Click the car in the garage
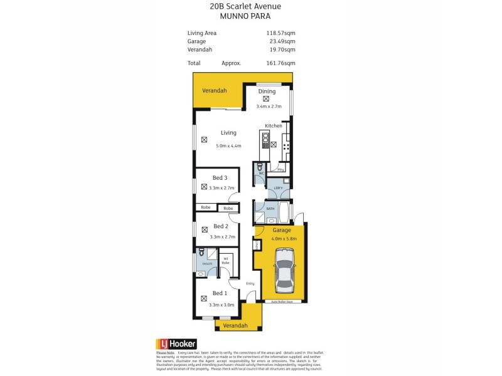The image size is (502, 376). [x=284, y=270]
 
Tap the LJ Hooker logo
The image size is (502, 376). [x=176, y=343]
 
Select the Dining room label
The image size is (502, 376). [x=266, y=91]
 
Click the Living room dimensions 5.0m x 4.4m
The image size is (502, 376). [x=228, y=146]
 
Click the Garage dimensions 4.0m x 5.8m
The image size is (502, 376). [x=284, y=238]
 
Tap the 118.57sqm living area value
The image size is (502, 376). [x=281, y=33]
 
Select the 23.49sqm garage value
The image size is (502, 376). [x=282, y=41]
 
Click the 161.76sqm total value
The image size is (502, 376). [x=281, y=63]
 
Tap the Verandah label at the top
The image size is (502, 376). [x=214, y=91]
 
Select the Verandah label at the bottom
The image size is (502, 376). [x=235, y=325]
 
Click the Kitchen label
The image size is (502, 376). [x=274, y=126]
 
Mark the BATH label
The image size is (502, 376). [x=270, y=208]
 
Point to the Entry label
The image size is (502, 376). [x=250, y=283]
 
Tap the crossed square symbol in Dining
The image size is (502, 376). [x=266, y=98]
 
